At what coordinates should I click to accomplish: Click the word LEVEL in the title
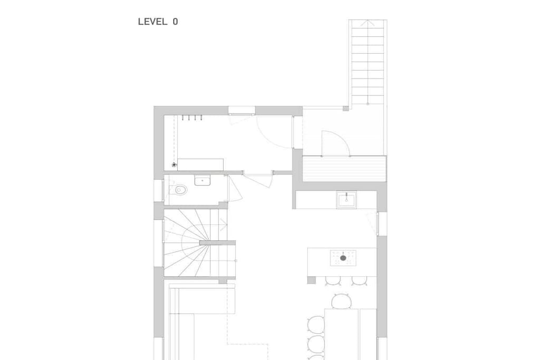[x=152, y=22]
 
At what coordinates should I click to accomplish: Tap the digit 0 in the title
[x=176, y=22]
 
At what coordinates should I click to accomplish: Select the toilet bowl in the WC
[x=180, y=190]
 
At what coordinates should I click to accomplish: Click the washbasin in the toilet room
[x=202, y=180]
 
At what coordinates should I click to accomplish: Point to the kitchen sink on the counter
[x=346, y=200]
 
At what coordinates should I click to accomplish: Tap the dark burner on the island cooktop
[x=343, y=258]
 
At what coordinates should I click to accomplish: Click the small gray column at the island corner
[x=311, y=280]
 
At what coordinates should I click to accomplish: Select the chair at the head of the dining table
[x=341, y=301]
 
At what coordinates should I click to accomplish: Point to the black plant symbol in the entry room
[x=174, y=165]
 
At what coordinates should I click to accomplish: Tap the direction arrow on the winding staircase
[x=223, y=226]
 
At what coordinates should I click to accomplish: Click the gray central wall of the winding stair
[x=217, y=242]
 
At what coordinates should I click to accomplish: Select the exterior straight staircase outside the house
[x=368, y=62]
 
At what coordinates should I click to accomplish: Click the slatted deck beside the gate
[x=344, y=169]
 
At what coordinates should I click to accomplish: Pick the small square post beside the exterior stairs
[x=346, y=109]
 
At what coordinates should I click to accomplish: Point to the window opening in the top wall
[x=242, y=110]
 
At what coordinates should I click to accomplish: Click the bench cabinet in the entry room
[x=200, y=164]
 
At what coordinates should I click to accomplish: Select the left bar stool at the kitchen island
[x=333, y=281]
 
